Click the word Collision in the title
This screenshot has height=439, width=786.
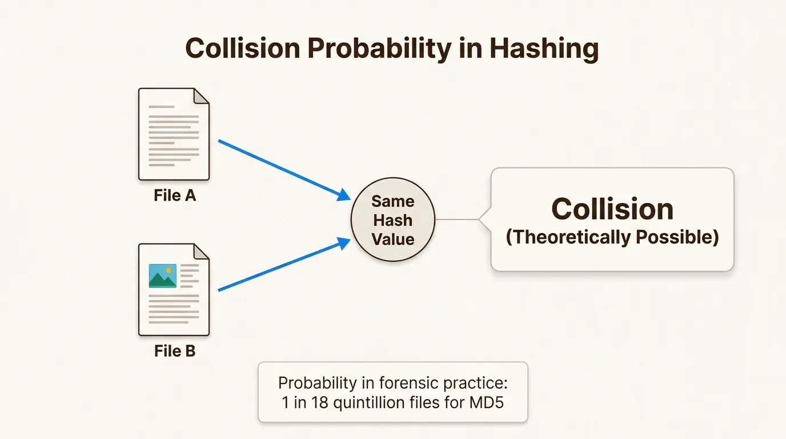(243, 48)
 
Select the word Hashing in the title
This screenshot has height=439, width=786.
(543, 48)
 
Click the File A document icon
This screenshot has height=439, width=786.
(174, 134)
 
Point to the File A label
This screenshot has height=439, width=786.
(175, 195)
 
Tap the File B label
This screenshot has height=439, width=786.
(175, 350)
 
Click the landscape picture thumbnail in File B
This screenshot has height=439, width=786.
(162, 276)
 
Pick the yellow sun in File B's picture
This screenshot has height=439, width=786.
(168, 270)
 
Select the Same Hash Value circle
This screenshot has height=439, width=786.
(392, 220)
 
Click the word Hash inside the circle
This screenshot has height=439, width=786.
(392, 220)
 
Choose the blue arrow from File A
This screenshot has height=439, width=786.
(284, 170)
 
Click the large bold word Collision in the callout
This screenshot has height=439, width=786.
(612, 209)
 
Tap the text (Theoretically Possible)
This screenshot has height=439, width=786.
(612, 237)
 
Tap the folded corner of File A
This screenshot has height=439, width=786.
(201, 96)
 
